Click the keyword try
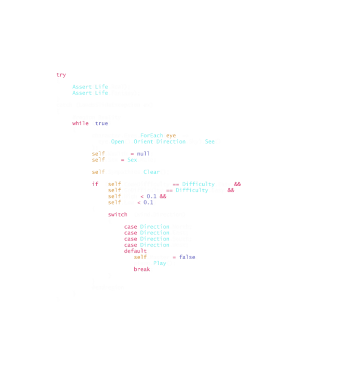tap(61, 75)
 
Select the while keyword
tap(80, 123)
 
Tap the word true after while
tap(101, 123)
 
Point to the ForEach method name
tap(151, 136)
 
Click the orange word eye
tap(171, 136)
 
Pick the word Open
tap(118, 141)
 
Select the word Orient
tap(143, 141)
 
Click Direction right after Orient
tap(171, 141)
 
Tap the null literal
tap(143, 154)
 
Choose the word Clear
tap(151, 172)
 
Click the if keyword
tap(95, 184)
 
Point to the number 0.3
tap(151, 196)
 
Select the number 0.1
tap(148, 203)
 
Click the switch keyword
tap(118, 214)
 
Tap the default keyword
tap(135, 251)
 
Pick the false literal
tap(187, 257)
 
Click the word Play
tap(159, 263)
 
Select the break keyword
tap(142, 269)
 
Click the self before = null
tap(98, 154)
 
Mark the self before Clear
tap(98, 172)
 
